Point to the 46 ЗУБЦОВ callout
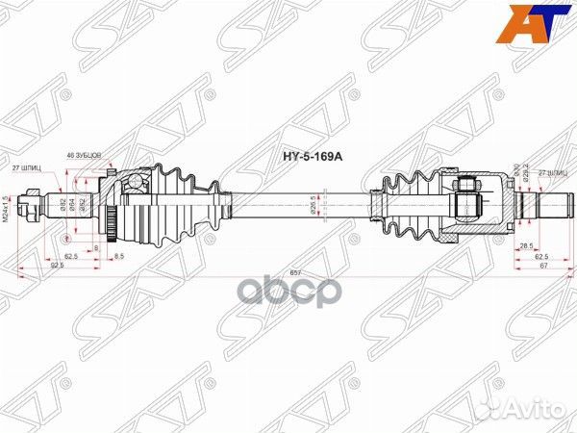(x=85, y=155)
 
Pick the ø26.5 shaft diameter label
(x=314, y=204)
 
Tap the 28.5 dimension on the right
(x=525, y=246)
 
